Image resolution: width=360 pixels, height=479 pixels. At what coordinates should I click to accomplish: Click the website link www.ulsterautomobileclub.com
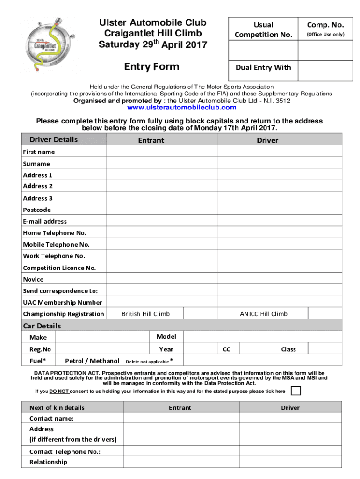click(181, 108)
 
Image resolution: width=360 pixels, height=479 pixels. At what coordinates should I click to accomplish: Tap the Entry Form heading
click(151, 67)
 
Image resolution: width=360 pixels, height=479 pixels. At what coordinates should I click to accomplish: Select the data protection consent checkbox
click(295, 391)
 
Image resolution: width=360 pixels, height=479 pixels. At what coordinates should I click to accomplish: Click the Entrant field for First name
click(162, 152)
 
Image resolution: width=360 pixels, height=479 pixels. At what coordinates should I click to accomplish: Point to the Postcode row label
click(37, 210)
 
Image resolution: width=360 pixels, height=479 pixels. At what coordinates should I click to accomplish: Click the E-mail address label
click(45, 221)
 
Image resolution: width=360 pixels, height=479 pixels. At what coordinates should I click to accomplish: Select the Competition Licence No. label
click(59, 268)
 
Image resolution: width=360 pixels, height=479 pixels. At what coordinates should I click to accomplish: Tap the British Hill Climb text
click(145, 314)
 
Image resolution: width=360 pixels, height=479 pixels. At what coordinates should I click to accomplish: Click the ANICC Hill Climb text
click(264, 314)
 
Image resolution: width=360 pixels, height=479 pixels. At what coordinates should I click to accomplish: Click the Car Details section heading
click(42, 326)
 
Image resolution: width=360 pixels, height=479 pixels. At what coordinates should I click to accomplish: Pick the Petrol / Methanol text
click(92, 361)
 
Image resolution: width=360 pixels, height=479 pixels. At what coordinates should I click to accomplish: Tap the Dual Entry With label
click(263, 68)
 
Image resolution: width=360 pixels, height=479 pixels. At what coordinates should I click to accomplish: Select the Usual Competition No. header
click(263, 29)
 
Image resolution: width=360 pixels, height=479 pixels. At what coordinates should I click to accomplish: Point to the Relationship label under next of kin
click(48, 462)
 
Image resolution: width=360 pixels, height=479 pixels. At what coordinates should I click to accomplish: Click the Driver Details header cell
click(54, 140)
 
